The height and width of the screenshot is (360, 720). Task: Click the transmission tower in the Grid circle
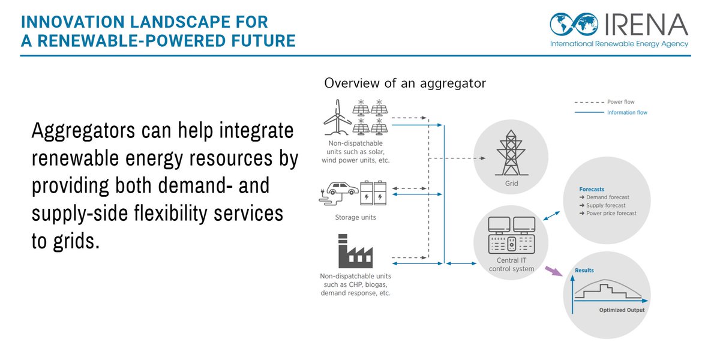[511, 154]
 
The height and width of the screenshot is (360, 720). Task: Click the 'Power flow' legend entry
[620, 102]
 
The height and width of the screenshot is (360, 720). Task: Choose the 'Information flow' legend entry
[627, 113]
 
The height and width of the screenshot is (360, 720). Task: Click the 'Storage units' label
[355, 217]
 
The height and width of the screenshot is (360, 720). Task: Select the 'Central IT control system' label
[511, 265]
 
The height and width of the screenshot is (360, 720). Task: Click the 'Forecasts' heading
[592, 189]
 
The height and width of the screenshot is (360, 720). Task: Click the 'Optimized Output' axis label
[622, 310]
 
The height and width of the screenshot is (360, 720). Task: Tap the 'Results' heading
[584, 271]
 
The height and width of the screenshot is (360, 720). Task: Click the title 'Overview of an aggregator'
[405, 83]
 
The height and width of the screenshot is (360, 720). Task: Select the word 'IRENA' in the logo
[644, 25]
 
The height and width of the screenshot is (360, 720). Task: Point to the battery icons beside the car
[374, 194]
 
